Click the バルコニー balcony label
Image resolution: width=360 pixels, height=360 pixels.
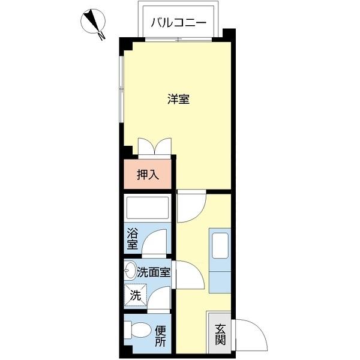pos(178,23)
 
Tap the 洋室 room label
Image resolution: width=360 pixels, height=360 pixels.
pos(178,100)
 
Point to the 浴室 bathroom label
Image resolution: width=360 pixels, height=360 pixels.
pos(132,239)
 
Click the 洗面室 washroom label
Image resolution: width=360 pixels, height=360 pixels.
pos(154,272)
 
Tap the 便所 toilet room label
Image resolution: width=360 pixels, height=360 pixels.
pos(160,336)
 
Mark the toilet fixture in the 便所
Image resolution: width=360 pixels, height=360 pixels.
pos(138,331)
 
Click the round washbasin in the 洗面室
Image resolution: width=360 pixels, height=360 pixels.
pos(131,271)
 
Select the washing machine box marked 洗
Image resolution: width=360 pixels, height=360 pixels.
pos(135,295)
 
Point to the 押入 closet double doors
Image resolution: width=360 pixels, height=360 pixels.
pos(155,146)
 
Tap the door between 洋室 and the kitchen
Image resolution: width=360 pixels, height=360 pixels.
pos(191,205)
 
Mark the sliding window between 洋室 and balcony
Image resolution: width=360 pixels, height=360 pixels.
pos(178,40)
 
